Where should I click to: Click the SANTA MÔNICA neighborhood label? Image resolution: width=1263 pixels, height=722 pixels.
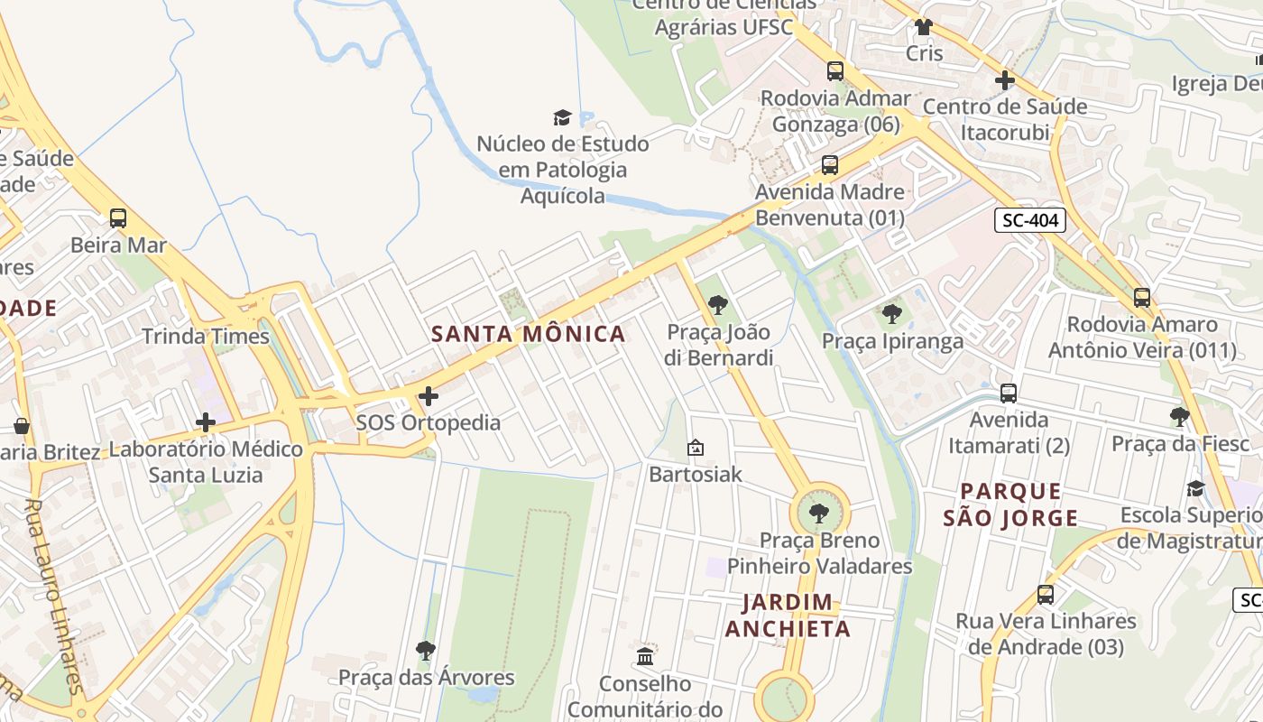[x=528, y=334]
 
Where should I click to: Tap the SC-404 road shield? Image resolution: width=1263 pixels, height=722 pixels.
[x=1030, y=220]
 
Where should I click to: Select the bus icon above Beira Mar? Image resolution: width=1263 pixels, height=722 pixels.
[x=118, y=218]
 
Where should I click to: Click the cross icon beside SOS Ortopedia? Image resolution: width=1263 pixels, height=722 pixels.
[x=429, y=395]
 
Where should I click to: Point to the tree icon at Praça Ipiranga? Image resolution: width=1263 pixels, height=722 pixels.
[x=891, y=314]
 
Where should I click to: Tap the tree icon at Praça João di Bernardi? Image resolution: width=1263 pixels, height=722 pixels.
[x=718, y=305]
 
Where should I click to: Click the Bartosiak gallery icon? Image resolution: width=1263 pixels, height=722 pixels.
[x=696, y=448]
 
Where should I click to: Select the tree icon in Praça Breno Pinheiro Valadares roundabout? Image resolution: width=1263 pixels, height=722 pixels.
[x=819, y=514]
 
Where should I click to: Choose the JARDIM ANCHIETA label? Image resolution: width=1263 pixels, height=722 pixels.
[x=788, y=616]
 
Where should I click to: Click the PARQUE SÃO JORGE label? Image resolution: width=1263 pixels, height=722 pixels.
[x=1010, y=504]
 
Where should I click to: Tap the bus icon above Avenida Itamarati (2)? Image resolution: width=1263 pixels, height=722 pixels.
[x=1009, y=393]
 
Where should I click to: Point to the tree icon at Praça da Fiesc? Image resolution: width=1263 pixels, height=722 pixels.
[x=1179, y=417]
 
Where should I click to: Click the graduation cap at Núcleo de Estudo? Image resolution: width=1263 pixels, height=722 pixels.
[x=562, y=117]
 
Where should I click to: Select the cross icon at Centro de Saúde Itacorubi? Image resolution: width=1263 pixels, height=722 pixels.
[x=1005, y=80]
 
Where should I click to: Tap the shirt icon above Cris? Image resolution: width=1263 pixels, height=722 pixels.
[x=923, y=27]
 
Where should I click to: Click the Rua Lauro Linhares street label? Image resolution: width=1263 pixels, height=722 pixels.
[x=54, y=596]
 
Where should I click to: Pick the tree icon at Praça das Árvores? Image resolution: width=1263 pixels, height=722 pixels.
[x=426, y=650]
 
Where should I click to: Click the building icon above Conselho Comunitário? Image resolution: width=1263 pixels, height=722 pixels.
[x=645, y=656]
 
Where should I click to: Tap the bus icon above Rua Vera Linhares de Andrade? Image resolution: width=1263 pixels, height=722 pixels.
[x=1046, y=595]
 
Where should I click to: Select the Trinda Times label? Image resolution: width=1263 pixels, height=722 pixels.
[x=206, y=337]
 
